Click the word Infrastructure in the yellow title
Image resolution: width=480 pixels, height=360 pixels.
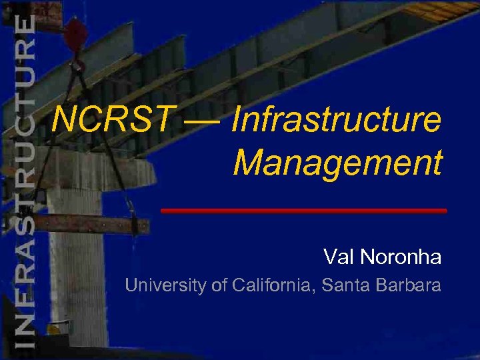click(x=336, y=121)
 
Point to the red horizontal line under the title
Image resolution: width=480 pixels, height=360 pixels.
click(x=304, y=211)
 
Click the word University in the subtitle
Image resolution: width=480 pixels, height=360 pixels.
click(x=166, y=286)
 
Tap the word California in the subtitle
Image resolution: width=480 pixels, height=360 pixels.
click(x=273, y=286)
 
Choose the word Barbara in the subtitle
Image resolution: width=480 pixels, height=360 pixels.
click(x=408, y=286)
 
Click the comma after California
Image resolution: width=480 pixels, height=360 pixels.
click(x=316, y=291)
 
